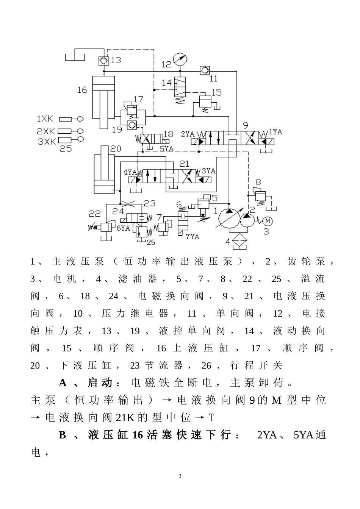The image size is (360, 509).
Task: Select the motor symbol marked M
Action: point(268,220)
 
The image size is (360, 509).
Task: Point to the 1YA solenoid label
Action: point(275,132)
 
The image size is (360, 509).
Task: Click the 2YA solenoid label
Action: point(188,134)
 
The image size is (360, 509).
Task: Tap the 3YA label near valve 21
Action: point(209,171)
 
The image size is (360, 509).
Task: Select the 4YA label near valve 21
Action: point(130,172)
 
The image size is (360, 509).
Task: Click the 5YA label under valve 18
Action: point(166,149)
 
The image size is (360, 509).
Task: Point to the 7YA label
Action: point(193,236)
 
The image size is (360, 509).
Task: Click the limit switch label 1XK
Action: point(45,119)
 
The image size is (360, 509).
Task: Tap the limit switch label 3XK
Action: point(47,141)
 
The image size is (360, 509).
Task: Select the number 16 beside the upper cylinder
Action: point(82,90)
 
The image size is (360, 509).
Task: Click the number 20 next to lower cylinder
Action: point(116,148)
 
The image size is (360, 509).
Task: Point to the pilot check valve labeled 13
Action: point(103,60)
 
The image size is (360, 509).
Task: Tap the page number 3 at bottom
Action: point(180,476)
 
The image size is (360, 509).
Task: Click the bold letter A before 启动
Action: point(63,383)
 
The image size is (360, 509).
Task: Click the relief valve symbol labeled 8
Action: point(261,195)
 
